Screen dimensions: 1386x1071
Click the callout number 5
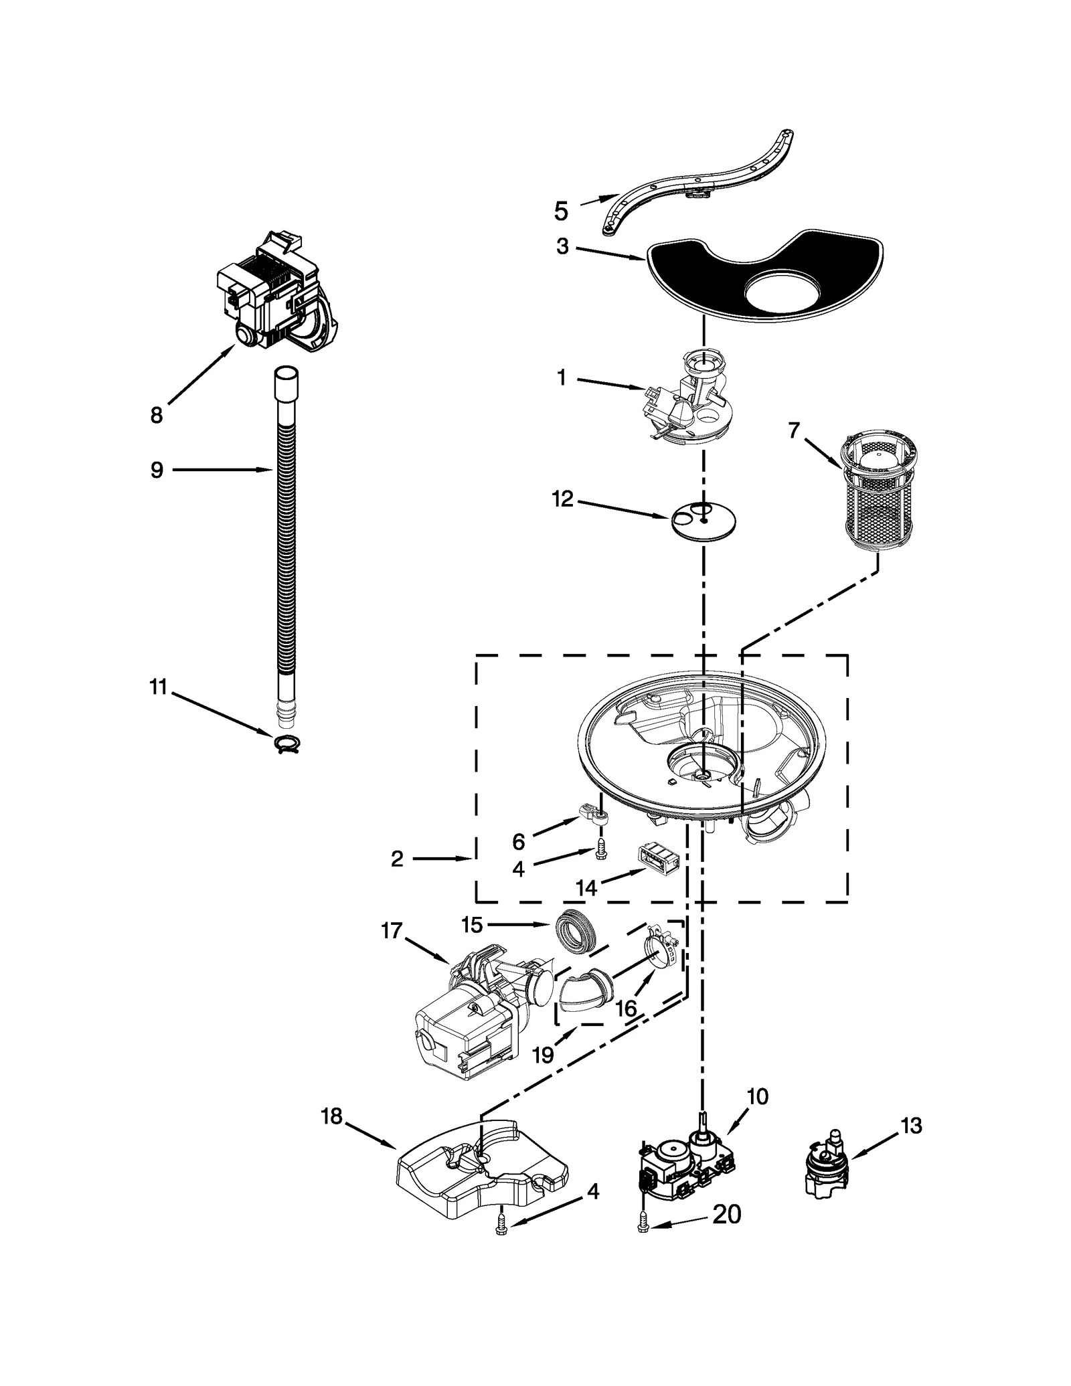pyautogui.click(x=561, y=211)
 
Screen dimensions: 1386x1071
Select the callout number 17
pyautogui.click(x=392, y=930)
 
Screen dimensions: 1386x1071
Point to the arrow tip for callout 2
pyautogui.click(x=473, y=858)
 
